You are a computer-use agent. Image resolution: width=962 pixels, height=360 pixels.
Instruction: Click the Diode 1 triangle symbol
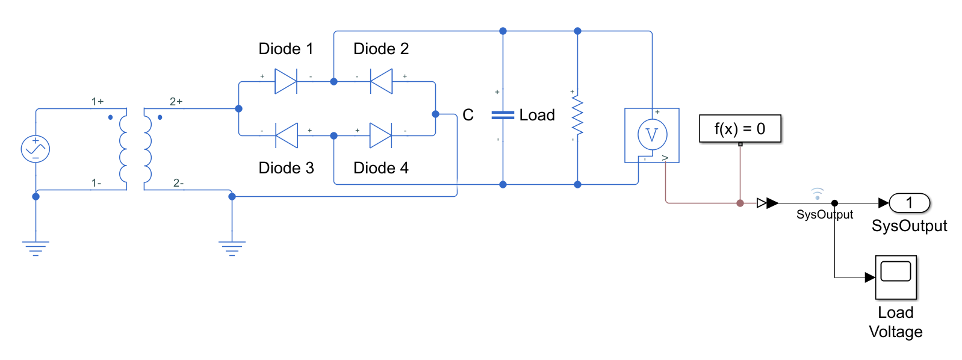pos(285,81)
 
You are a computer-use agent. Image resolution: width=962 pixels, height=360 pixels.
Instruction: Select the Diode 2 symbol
pos(381,81)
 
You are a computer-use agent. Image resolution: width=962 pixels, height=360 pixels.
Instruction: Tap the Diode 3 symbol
pos(287,135)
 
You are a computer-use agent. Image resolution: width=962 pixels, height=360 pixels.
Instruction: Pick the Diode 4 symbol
pos(380,135)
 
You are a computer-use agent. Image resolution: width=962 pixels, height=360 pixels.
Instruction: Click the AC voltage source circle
pos(36,149)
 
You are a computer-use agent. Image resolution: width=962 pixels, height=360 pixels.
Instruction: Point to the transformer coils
pos(135,149)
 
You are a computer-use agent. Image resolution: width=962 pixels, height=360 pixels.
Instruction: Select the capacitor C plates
pos(503,115)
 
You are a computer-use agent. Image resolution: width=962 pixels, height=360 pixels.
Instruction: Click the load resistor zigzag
pos(577,115)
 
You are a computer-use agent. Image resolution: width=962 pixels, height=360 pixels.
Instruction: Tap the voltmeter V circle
pos(652,135)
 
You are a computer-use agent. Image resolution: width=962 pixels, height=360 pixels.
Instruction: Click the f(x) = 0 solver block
pos(740,129)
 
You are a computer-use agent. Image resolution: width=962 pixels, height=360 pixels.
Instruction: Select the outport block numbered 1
pos(910,203)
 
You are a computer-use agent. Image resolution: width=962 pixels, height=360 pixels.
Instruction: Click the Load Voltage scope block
pos(895,278)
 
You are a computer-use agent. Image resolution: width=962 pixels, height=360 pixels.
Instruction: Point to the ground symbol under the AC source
pos(36,247)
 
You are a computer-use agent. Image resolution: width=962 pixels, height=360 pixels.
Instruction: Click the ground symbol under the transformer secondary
pos(232,247)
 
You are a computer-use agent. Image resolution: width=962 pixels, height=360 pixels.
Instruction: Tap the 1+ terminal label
pos(98,102)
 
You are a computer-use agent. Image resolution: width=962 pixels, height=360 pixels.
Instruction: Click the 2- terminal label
pos(178,183)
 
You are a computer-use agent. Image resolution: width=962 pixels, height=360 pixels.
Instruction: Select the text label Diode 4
pos(380,168)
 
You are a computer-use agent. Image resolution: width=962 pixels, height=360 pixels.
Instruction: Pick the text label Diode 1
pos(286,49)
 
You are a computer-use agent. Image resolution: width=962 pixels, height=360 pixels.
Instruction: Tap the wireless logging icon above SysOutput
pos(817,193)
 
